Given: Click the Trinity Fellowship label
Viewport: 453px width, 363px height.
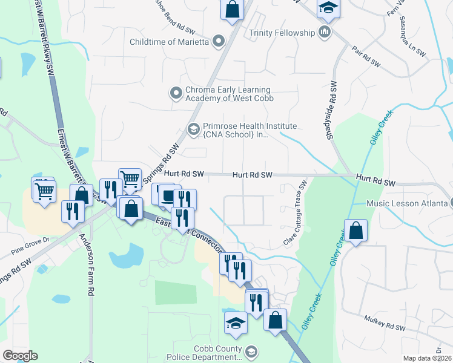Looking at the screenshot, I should (282, 32).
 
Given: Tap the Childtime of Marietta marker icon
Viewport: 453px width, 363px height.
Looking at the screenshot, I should (219, 42).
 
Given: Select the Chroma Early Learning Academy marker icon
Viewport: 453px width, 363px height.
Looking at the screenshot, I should (176, 93).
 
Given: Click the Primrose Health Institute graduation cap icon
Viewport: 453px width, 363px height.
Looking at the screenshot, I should (194, 128).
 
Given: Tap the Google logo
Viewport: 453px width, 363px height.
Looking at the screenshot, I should (19, 355).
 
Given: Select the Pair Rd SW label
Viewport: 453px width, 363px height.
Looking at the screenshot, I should (365, 59).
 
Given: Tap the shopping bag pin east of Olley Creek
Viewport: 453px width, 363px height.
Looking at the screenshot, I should (355, 231).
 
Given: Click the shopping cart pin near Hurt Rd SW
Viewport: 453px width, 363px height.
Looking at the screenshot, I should (129, 178).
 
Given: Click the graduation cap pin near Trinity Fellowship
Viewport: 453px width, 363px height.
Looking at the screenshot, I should (329, 8).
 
